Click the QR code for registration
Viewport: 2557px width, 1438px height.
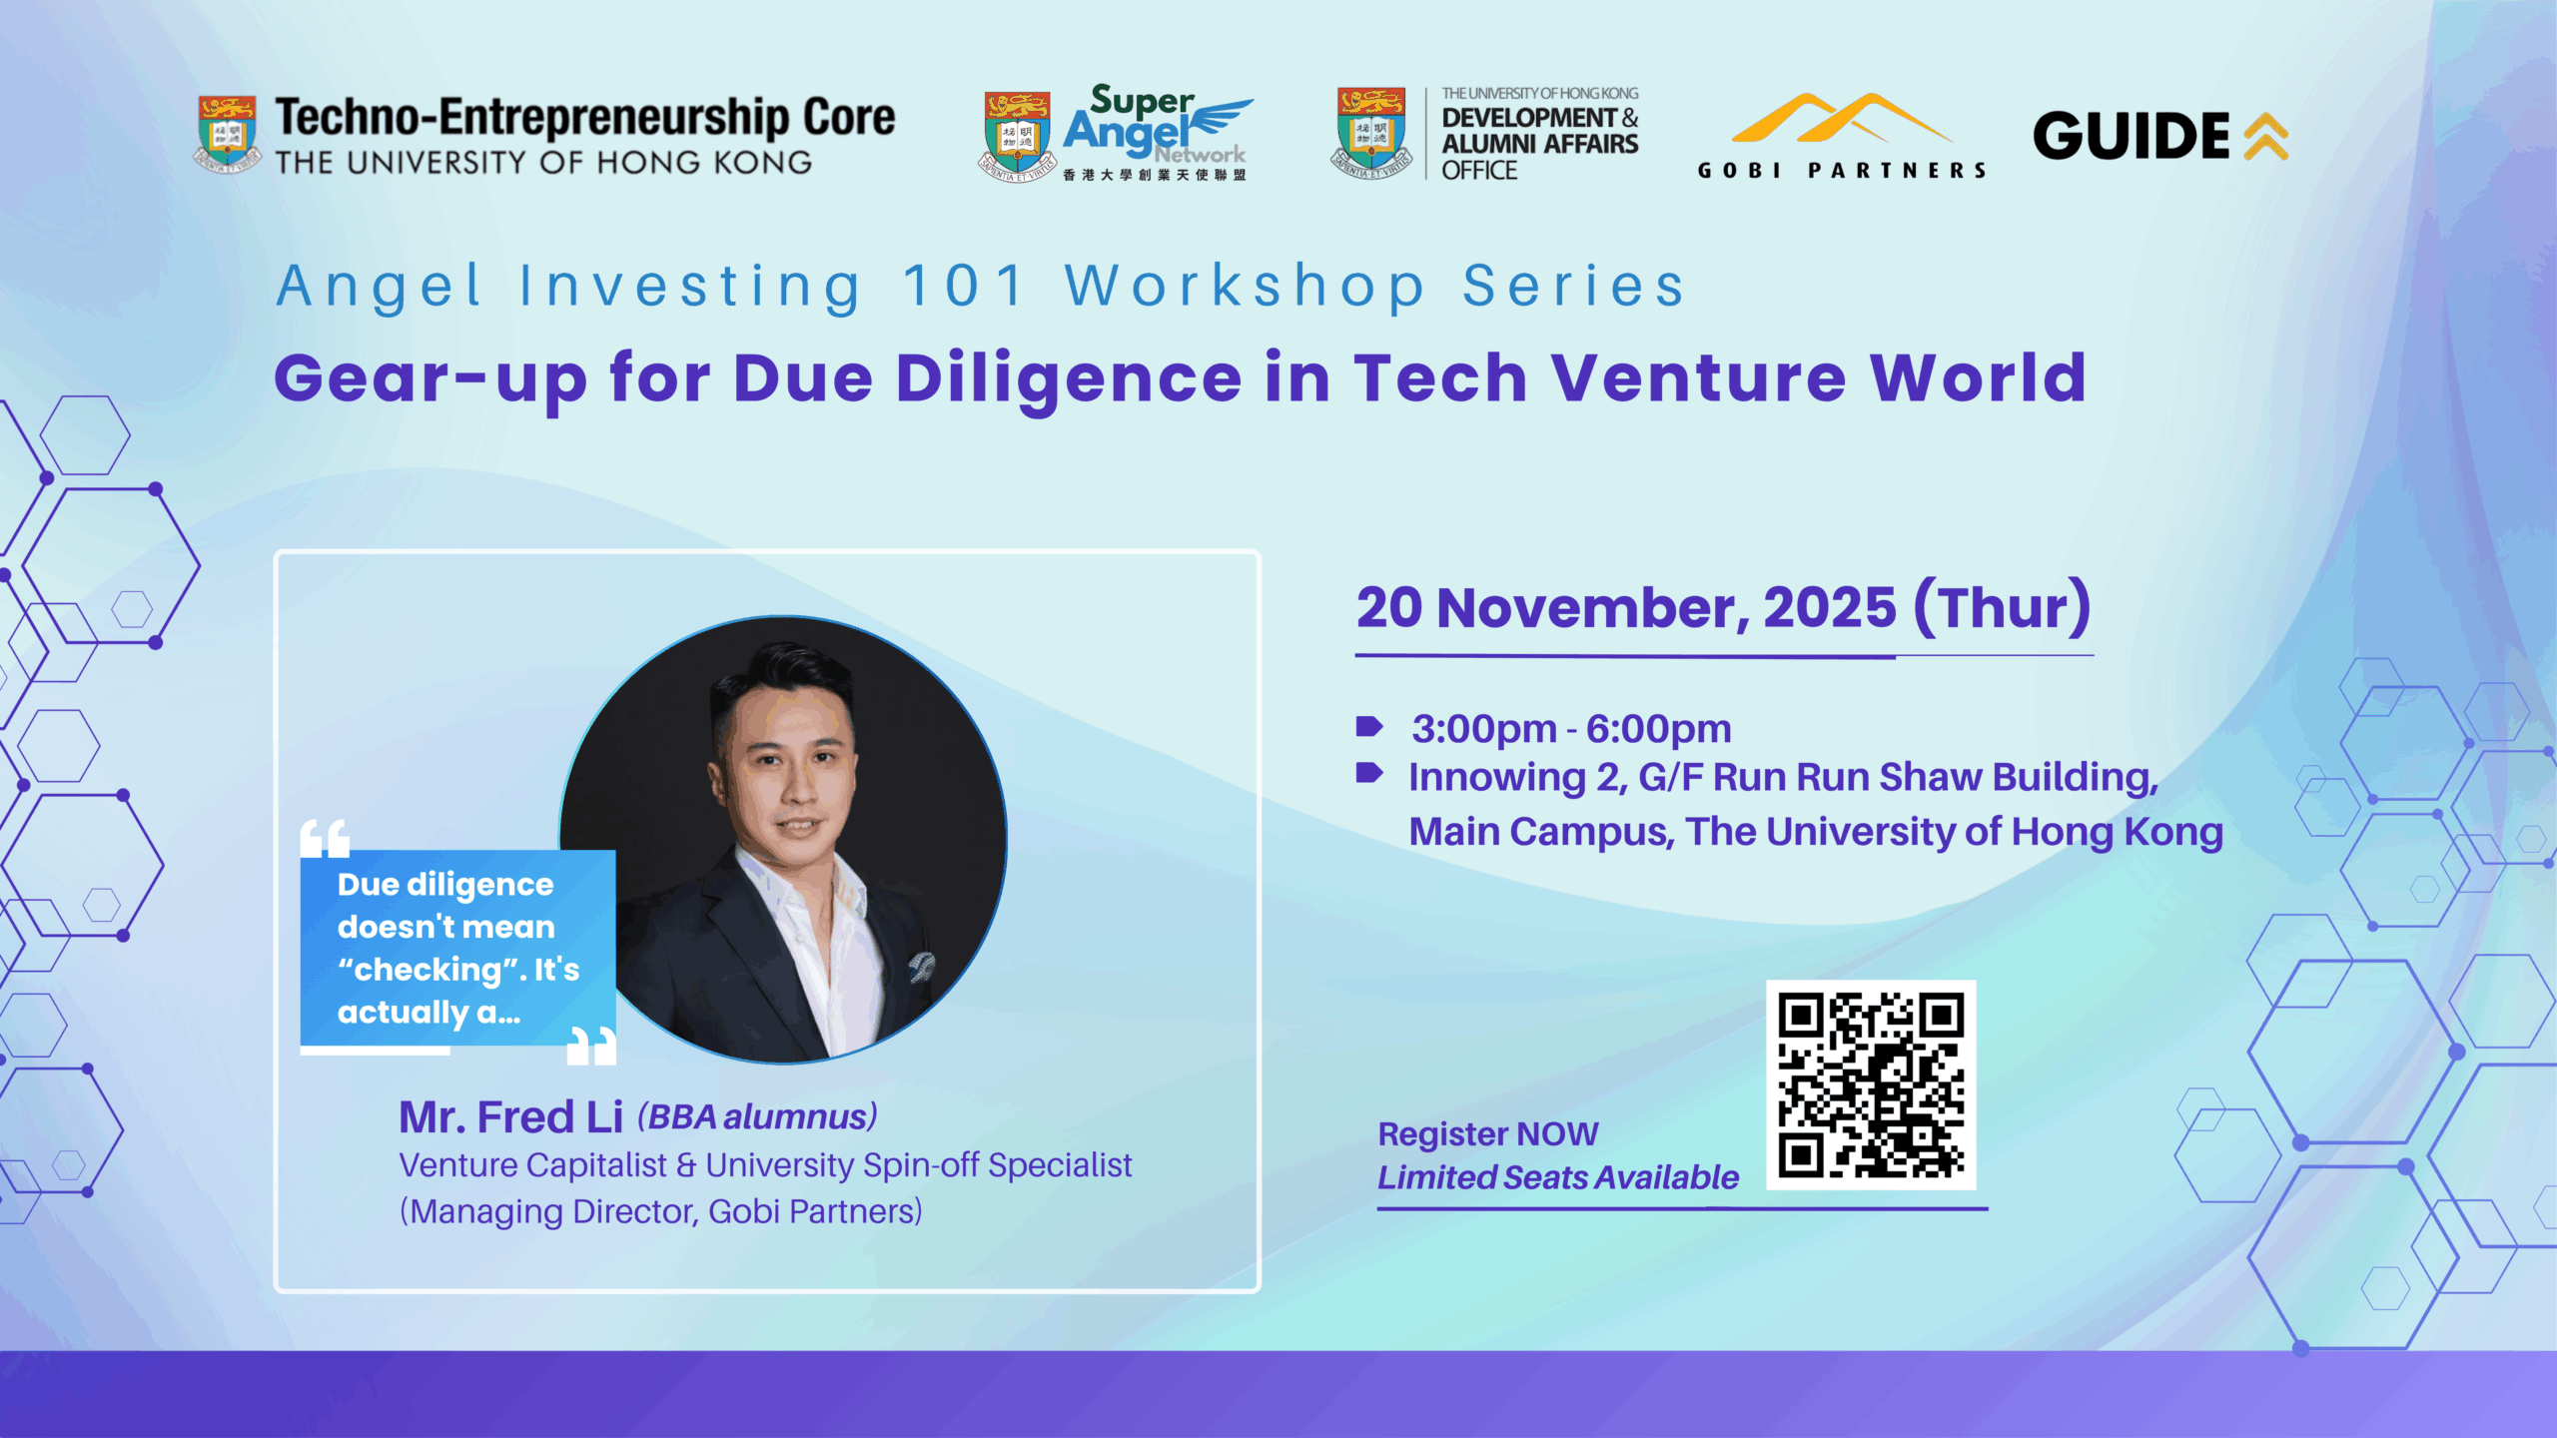pyautogui.click(x=1871, y=1084)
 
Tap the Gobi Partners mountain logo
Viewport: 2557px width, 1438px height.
pyautogui.click(x=1842, y=120)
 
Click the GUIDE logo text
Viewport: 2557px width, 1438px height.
pyautogui.click(x=2131, y=136)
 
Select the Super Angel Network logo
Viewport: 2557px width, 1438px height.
pyautogui.click(x=1115, y=133)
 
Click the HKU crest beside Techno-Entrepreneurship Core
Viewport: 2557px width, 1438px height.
pyautogui.click(x=226, y=134)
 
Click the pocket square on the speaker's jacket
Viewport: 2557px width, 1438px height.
pyautogui.click(x=922, y=966)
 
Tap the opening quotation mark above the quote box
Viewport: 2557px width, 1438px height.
pyautogui.click(x=326, y=838)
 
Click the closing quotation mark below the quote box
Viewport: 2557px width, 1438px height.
pyautogui.click(x=591, y=1046)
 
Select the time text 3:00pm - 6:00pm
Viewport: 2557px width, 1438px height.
pyautogui.click(x=1571, y=729)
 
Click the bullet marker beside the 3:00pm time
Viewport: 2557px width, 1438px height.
pyautogui.click(x=1368, y=726)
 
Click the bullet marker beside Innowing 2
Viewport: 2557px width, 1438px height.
pyautogui.click(x=1368, y=772)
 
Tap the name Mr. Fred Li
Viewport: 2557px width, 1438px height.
pyautogui.click(x=510, y=1116)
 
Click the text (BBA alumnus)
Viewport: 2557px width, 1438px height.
pyautogui.click(x=757, y=1116)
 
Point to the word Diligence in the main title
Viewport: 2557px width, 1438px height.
pyautogui.click(x=1069, y=379)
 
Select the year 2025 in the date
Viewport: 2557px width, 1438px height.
pyautogui.click(x=1829, y=607)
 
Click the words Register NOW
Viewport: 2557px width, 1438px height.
pyautogui.click(x=1488, y=1134)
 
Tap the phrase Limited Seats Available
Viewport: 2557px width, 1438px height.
pyautogui.click(x=1558, y=1177)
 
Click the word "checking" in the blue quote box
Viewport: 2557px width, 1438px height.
pyautogui.click(x=427, y=970)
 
